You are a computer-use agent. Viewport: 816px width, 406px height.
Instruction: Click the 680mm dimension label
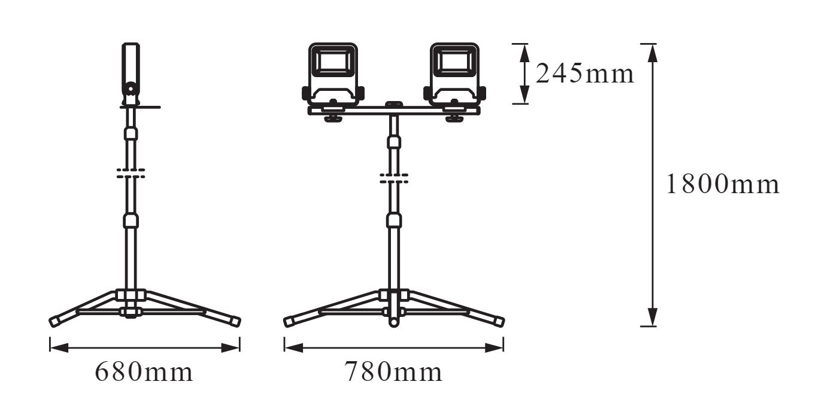coord(144,372)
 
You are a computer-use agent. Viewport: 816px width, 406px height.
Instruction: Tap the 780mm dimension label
coord(393,372)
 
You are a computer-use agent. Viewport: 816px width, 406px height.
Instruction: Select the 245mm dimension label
coord(585,74)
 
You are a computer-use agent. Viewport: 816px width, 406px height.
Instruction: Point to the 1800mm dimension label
coord(723,184)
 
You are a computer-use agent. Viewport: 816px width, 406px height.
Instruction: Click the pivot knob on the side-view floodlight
coord(130,88)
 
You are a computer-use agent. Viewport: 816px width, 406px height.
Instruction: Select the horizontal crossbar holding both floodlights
coord(394,111)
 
